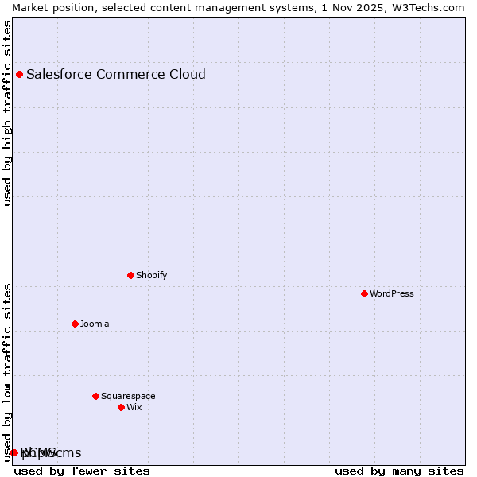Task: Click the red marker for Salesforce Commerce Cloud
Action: click(x=20, y=75)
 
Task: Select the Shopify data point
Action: click(x=131, y=276)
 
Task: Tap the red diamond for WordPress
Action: click(x=365, y=294)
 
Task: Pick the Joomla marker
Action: click(x=76, y=324)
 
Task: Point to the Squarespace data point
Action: click(x=96, y=397)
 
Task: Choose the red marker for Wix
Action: click(x=122, y=408)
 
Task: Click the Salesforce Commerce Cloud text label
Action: click(x=116, y=75)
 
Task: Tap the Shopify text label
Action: click(x=151, y=276)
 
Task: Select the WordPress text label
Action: click(x=392, y=294)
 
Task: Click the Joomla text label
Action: click(x=95, y=324)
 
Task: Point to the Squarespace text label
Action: click(x=128, y=397)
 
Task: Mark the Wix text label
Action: click(x=134, y=408)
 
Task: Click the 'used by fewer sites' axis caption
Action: click(x=82, y=471)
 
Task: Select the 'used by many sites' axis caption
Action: click(x=399, y=471)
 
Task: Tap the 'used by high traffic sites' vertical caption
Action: click(x=8, y=113)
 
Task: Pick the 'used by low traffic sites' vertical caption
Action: click(x=8, y=372)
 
